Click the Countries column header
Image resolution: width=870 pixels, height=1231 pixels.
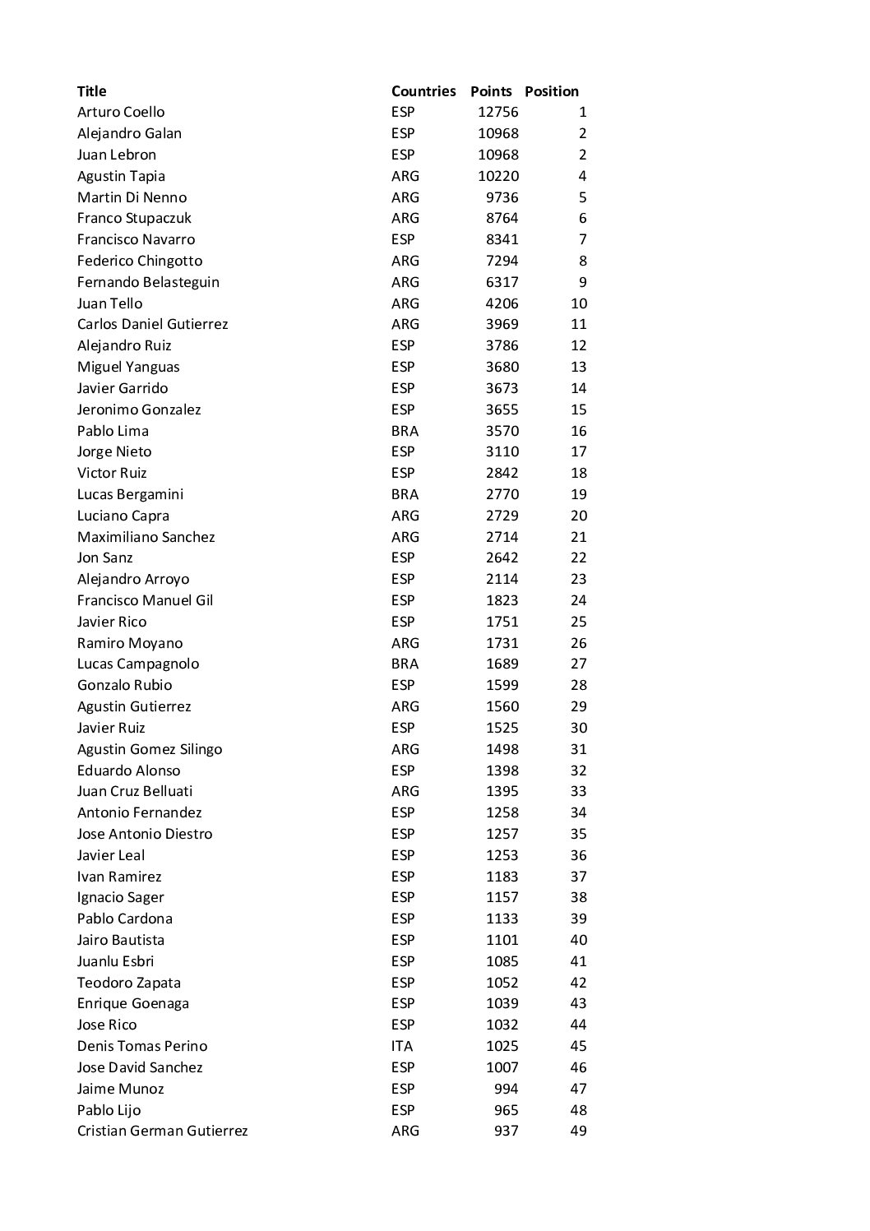[423, 91]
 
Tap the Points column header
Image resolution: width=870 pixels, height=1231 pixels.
[491, 91]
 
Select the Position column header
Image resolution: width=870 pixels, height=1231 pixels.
[551, 91]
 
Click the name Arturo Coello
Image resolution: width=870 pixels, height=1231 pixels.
[121, 112]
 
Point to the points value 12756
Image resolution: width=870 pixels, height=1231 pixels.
[497, 112]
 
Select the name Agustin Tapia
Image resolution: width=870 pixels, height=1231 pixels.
[121, 176]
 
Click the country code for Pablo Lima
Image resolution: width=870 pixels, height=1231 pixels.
[405, 431]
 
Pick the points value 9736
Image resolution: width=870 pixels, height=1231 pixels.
[502, 197]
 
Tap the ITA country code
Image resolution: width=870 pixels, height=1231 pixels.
[402, 1046]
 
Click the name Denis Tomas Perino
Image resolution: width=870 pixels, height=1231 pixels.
[142, 1046]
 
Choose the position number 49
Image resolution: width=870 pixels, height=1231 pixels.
[578, 1131]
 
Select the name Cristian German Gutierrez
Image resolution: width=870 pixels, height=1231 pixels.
[162, 1131]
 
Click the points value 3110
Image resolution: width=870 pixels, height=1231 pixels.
[502, 451]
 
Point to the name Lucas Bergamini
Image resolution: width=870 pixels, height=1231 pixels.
[130, 494]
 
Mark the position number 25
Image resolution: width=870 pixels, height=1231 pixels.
[578, 622]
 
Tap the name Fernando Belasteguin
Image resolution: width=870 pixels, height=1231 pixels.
[148, 282]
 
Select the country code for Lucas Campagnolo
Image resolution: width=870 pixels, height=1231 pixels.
[405, 664]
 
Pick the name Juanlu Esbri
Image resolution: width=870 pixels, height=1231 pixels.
[115, 961]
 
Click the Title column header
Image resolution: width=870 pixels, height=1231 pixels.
[91, 91]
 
